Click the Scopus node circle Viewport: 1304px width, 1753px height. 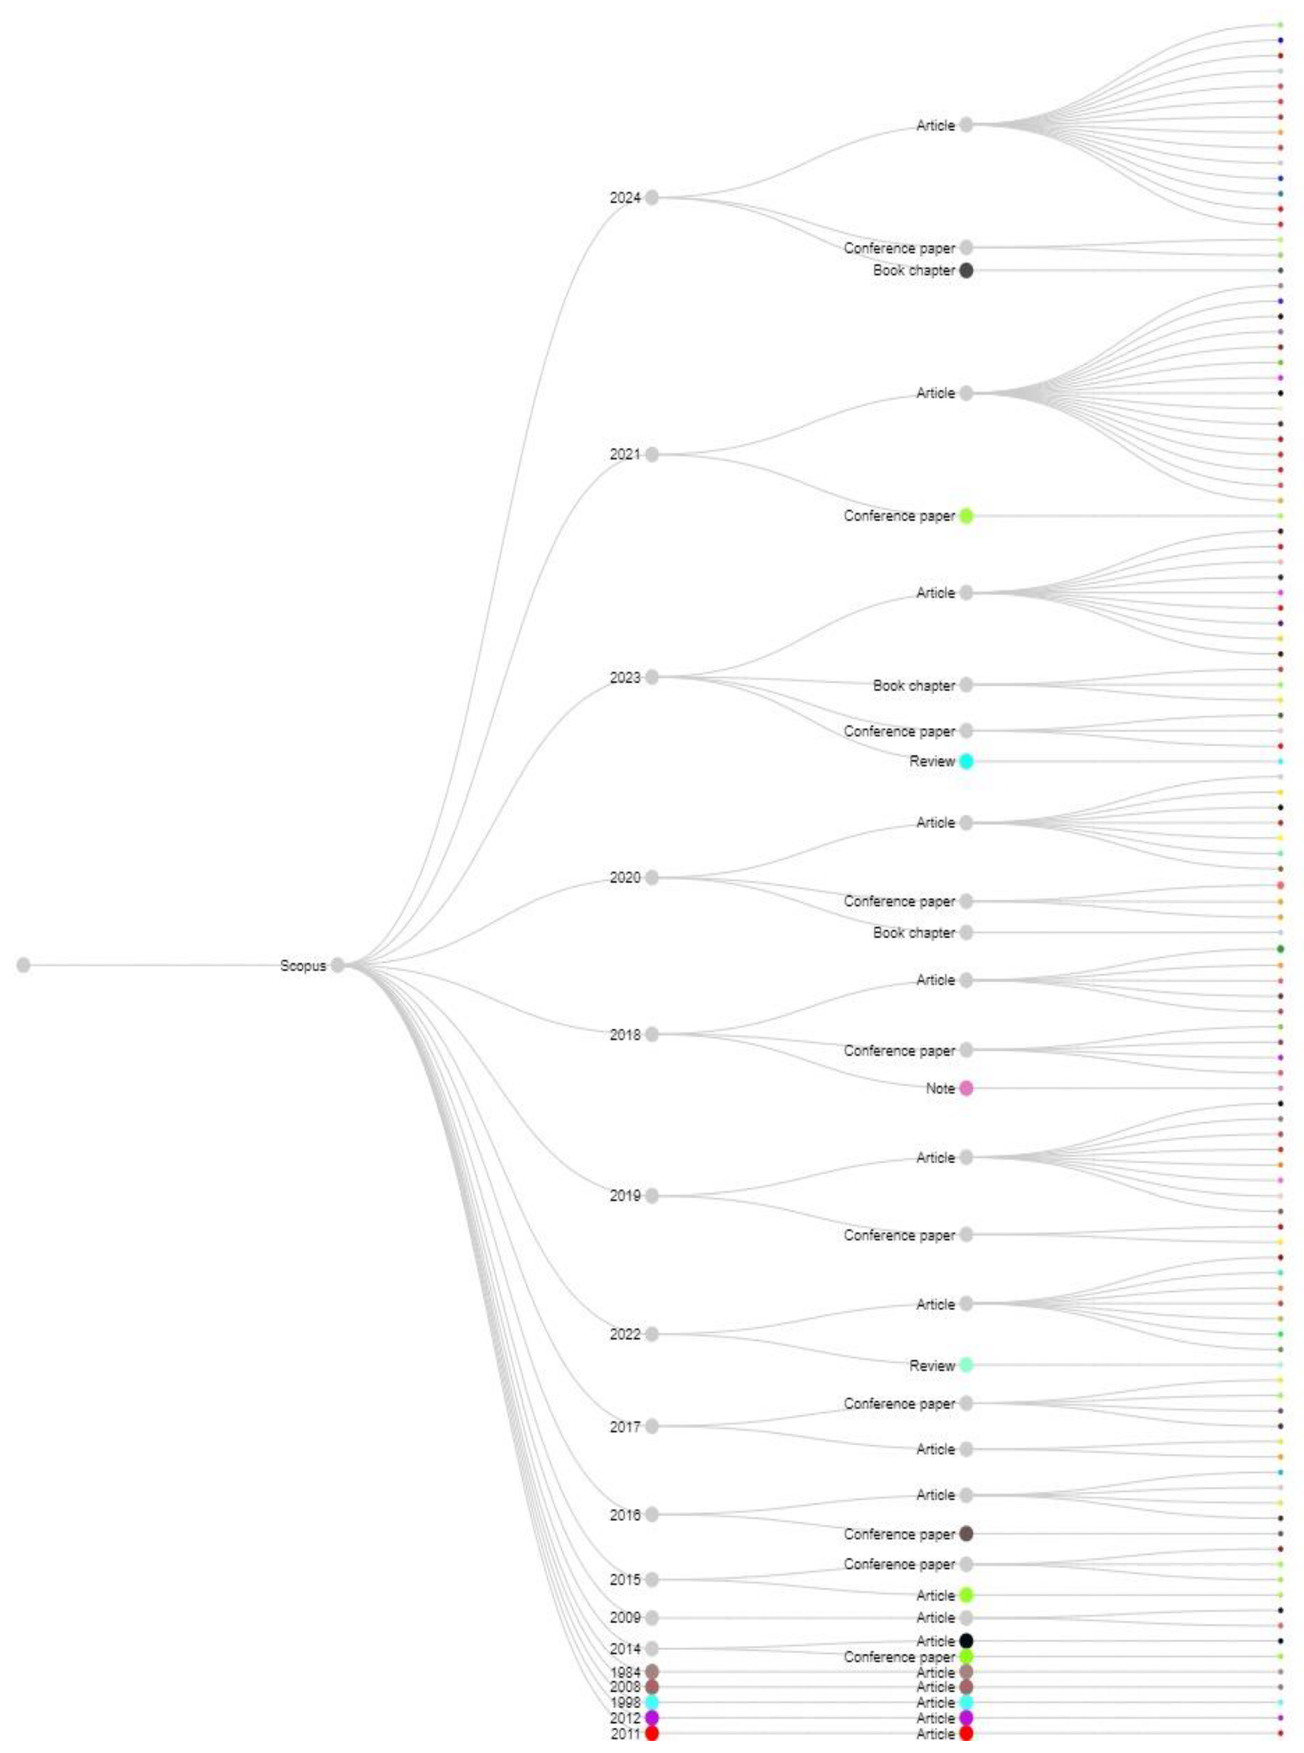[x=338, y=964]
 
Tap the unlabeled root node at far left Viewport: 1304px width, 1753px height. [x=24, y=964]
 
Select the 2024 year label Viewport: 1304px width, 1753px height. [x=624, y=197]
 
